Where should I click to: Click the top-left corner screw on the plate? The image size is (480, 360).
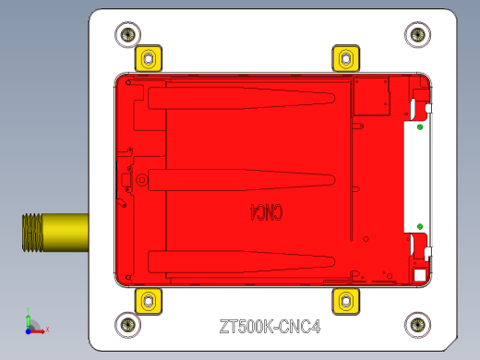(127, 35)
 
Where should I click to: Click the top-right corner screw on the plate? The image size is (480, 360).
(418, 35)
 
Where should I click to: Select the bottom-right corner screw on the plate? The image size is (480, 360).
(418, 324)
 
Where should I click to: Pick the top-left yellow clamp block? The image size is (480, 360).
(148, 59)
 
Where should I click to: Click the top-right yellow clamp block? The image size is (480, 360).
(346, 59)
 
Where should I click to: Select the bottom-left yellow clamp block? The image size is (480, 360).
(148, 299)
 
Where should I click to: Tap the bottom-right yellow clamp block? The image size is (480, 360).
(346, 299)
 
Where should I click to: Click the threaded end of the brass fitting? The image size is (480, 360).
(31, 232)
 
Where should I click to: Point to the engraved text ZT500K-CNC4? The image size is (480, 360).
(269, 326)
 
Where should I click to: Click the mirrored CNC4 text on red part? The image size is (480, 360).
(265, 212)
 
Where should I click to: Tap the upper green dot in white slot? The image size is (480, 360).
(419, 127)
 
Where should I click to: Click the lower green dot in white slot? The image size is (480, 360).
(419, 226)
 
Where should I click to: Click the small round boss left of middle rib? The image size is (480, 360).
(140, 181)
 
